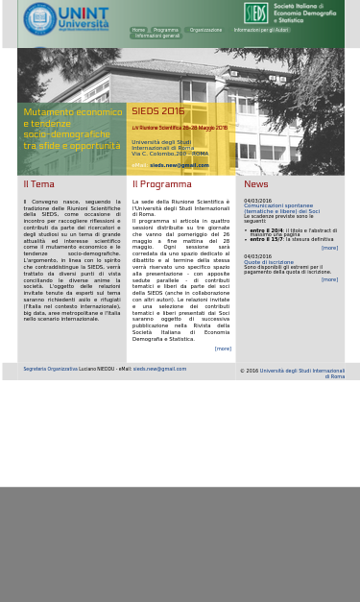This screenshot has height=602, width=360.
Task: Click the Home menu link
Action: [138, 30]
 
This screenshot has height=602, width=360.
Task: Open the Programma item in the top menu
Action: [165, 30]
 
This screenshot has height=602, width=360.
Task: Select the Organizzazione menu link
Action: [205, 30]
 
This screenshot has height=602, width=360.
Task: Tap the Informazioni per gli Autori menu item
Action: [261, 30]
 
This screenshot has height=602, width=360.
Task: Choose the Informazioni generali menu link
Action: [156, 36]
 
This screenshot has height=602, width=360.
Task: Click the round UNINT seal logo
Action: [39, 18]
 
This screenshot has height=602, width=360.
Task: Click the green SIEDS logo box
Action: [255, 12]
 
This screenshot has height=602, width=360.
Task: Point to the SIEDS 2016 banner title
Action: [157, 111]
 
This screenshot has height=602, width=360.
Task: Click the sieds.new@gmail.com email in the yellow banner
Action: [179, 165]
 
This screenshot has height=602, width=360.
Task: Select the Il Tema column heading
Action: [38, 184]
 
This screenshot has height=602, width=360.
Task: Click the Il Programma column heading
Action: [161, 184]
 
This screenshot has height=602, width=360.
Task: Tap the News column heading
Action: [255, 184]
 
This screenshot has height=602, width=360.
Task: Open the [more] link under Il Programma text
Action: [223, 349]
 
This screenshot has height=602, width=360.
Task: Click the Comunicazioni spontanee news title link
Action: [277, 205]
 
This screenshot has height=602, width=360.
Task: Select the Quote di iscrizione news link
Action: [268, 262]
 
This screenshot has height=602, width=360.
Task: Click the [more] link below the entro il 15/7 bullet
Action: [329, 248]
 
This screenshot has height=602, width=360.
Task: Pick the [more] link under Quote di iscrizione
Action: [329, 279]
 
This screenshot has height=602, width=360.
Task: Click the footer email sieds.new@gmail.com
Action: [159, 369]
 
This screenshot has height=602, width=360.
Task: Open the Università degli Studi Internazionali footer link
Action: [301, 371]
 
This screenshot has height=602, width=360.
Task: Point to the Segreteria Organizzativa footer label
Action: [50, 369]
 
